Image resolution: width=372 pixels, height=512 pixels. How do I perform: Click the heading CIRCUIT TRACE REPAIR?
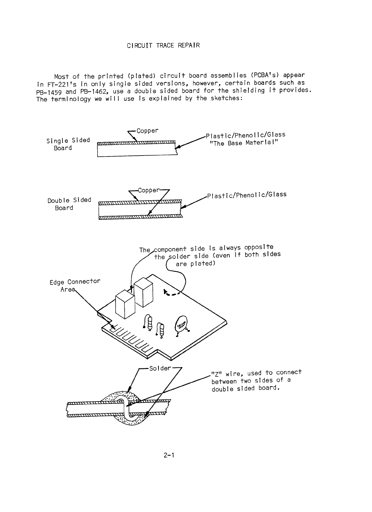pos(163,46)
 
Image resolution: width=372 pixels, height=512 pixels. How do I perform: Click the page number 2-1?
pos(168,455)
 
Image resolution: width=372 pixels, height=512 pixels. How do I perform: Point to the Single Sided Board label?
pos(68,144)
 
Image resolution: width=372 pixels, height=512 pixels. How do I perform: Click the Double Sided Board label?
pos(69,204)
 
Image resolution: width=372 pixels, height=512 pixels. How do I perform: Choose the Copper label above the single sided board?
pos(147,131)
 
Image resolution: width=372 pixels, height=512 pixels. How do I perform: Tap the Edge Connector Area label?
pos(74,285)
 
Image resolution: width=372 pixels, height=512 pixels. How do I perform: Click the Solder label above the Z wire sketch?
pos(160,368)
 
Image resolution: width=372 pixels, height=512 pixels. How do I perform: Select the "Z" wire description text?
pos(256,380)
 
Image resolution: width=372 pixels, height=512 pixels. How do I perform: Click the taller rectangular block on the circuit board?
pos(143,292)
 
